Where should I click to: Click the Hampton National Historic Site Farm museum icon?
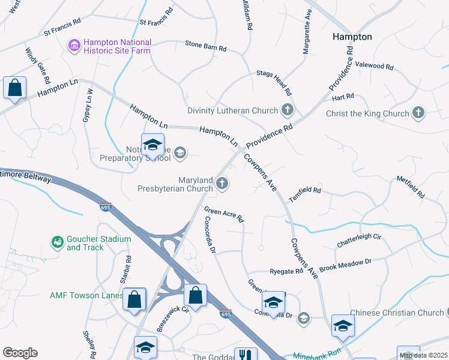coord(74,46)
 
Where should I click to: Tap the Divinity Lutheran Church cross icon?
coord(288,110)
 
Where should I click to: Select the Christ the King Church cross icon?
coord(418,113)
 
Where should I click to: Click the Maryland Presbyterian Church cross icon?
coord(222,184)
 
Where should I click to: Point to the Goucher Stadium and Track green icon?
coord(58,242)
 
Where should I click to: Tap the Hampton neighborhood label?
coord(352,37)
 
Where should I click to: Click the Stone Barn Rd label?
coord(206,46)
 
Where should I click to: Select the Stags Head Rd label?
coord(274,83)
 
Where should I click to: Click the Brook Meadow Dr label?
coord(345,265)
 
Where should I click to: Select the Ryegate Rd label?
coord(286,271)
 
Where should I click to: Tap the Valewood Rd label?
coord(374,65)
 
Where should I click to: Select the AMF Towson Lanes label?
coord(85,295)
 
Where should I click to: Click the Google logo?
coord(20,353)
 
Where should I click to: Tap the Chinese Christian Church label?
coord(397,313)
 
